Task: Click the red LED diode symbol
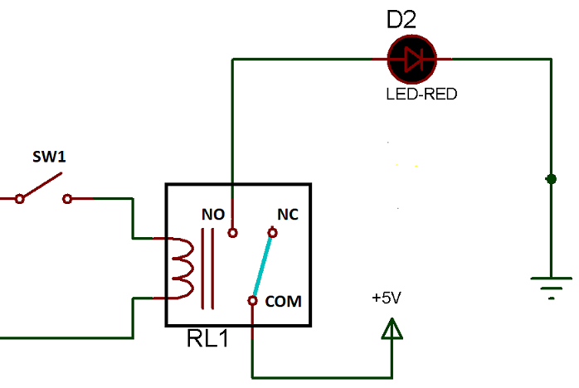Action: tap(411, 59)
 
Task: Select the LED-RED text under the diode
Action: tap(421, 94)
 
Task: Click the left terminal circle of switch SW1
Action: tap(19, 199)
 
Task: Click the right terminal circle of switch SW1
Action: tap(67, 199)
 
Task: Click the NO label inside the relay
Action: tap(213, 214)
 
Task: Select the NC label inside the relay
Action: tap(288, 214)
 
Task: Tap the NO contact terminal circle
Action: tap(233, 232)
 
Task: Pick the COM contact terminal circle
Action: tap(251, 300)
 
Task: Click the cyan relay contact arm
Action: tap(262, 266)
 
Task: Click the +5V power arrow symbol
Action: tap(391, 331)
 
